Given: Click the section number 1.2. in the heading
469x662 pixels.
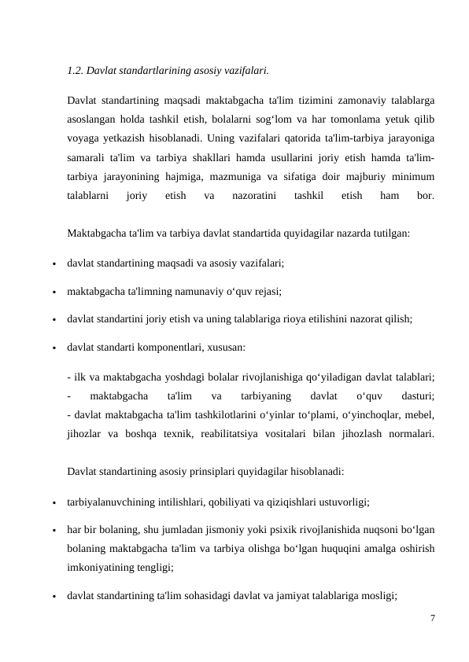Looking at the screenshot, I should coord(76,71).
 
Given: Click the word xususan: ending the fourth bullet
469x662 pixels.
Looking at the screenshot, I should coord(226,346).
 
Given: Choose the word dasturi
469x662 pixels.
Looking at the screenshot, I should coord(413,395).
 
